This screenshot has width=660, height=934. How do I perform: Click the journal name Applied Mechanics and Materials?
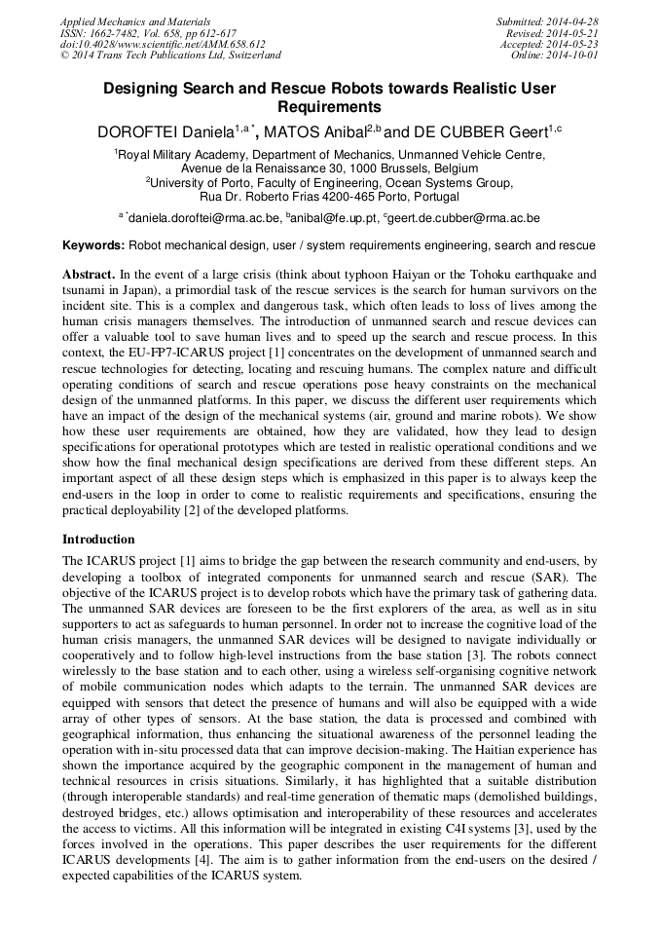134,21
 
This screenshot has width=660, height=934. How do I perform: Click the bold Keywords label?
93,246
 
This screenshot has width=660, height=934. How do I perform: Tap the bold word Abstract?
89,276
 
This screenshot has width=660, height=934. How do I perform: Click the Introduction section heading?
98,540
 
